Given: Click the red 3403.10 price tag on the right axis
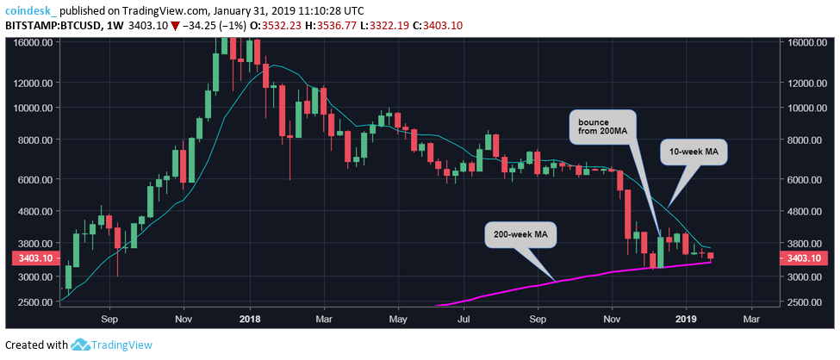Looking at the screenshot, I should tap(803, 258).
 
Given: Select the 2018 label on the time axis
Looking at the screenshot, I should tap(250, 318).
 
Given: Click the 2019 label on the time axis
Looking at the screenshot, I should tap(687, 318).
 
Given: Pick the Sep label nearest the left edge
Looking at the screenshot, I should tap(109, 318).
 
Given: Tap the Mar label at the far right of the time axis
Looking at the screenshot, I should tap(751, 318).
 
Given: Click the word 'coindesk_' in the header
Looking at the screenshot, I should tap(32, 9).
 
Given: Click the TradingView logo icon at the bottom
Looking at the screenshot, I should tap(81, 344).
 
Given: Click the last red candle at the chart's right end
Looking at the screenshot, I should tap(710, 256).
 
